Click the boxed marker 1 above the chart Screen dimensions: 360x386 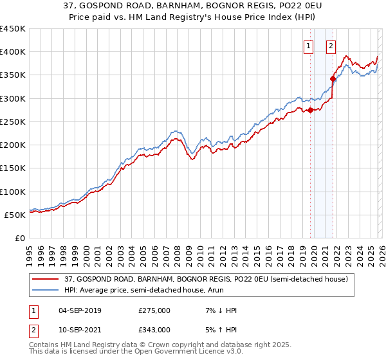[309, 46]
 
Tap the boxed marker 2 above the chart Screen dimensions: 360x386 [331, 46]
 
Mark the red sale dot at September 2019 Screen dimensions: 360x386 [310, 110]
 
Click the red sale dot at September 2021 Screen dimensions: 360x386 [333, 78]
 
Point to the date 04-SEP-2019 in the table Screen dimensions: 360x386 [79, 310]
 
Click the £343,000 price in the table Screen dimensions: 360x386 [154, 329]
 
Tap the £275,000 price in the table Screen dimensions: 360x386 [154, 310]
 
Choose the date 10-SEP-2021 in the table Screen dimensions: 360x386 [79, 329]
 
